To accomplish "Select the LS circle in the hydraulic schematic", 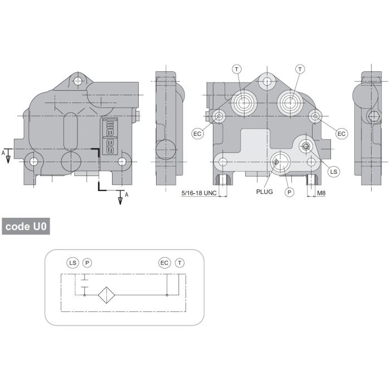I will [x=73, y=262].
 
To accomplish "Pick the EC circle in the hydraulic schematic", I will [x=164, y=262].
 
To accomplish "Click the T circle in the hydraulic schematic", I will [x=179, y=262].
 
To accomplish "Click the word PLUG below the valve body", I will [x=265, y=192].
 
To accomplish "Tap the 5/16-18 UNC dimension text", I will [x=199, y=193].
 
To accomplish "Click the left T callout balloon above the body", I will [x=237, y=69].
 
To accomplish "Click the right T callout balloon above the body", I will [x=300, y=69].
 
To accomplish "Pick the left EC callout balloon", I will [x=198, y=134].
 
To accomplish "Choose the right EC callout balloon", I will [x=342, y=134].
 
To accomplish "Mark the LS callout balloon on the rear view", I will [x=334, y=172].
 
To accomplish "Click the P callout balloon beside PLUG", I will [x=289, y=192].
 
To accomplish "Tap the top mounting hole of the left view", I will [x=77, y=81].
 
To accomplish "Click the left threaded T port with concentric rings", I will [x=243, y=103].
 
